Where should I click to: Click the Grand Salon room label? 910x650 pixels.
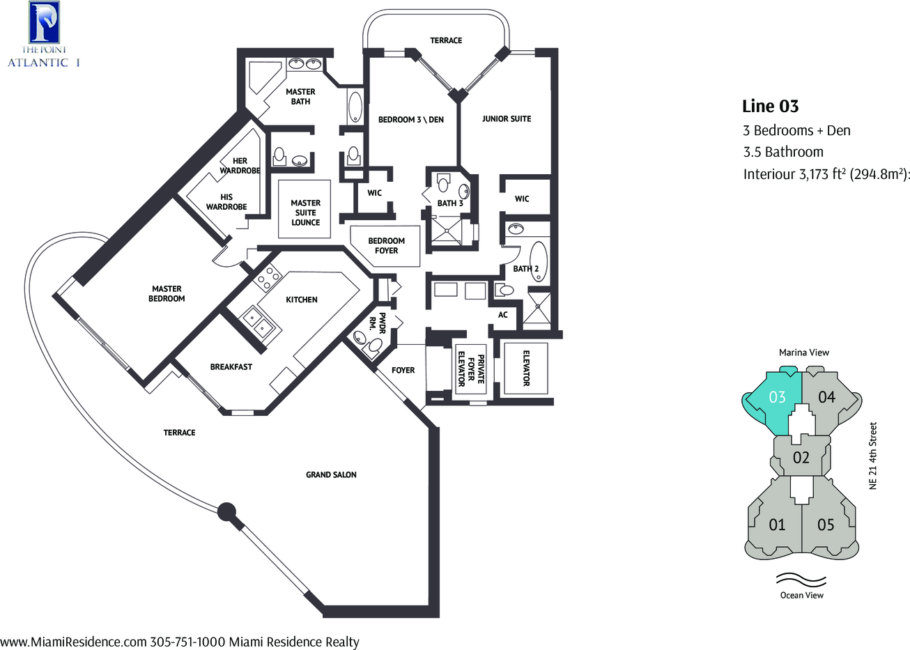[331, 474]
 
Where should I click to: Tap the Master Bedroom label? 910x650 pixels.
[167, 294]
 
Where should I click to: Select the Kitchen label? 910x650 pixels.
[302, 300]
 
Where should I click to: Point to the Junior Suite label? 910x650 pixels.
[507, 118]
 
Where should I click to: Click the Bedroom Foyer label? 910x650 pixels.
[386, 246]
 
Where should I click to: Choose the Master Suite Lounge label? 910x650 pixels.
[305, 212]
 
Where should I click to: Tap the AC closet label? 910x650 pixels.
[503, 315]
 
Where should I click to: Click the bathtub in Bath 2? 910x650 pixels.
[539, 262]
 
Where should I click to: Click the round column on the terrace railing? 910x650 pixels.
[226, 512]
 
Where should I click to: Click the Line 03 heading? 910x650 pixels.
[770, 107]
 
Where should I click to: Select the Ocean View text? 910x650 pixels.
[801, 595]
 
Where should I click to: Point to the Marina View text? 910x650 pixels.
[804, 353]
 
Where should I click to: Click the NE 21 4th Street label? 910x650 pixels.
[873, 456]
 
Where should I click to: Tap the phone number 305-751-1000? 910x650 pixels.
[187, 642]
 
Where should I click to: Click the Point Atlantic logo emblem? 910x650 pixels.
[45, 22]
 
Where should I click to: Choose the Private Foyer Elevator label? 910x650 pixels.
[471, 371]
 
